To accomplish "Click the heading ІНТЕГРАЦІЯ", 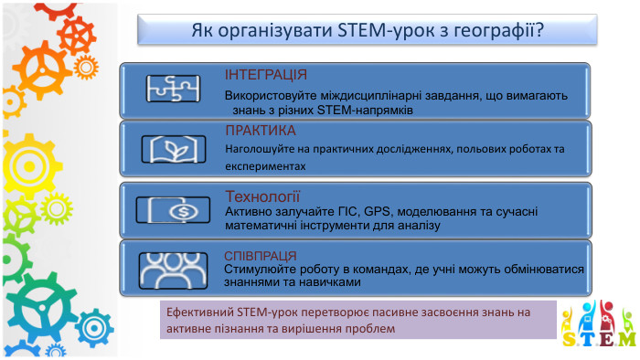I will [266, 75].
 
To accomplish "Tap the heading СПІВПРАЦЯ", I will [266, 255].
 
